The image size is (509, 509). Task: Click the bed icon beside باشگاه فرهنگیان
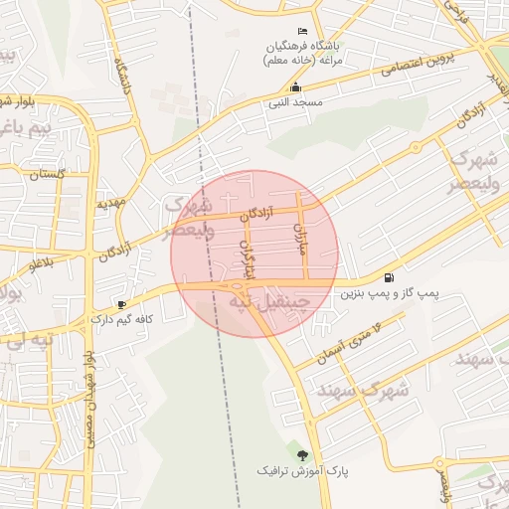point(302,34)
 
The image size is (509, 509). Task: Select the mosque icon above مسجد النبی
point(294,87)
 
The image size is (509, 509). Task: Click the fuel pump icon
point(388,277)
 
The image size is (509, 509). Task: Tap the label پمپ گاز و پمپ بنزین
point(390,294)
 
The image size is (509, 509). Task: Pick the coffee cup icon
point(121,304)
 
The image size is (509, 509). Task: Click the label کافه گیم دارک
point(121,319)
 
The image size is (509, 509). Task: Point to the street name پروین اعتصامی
point(416,66)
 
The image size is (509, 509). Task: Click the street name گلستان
point(47,174)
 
